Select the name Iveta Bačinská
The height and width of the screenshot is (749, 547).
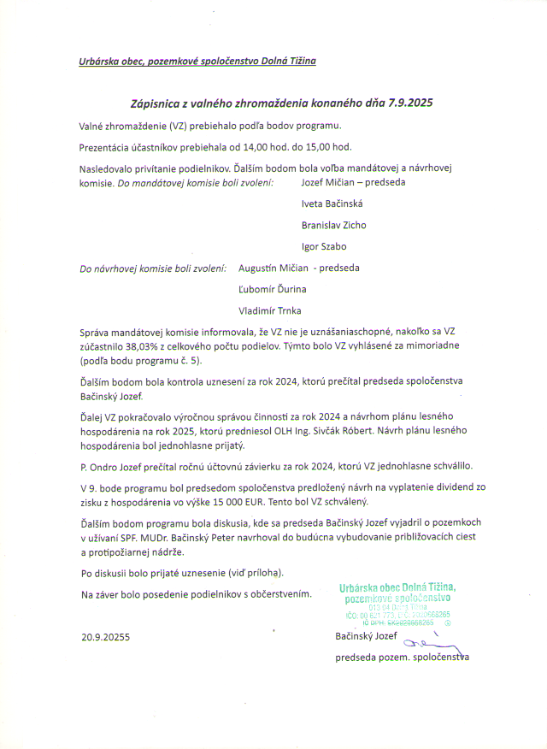click(x=332, y=203)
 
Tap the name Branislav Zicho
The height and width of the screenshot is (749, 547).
click(x=333, y=225)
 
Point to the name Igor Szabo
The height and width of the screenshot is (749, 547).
click(x=324, y=246)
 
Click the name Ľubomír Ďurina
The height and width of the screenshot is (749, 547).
click(x=273, y=289)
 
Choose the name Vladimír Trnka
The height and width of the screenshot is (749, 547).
click(x=270, y=310)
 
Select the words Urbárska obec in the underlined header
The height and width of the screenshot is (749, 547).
click(x=110, y=62)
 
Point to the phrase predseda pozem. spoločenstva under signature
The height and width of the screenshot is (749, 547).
click(x=402, y=658)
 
